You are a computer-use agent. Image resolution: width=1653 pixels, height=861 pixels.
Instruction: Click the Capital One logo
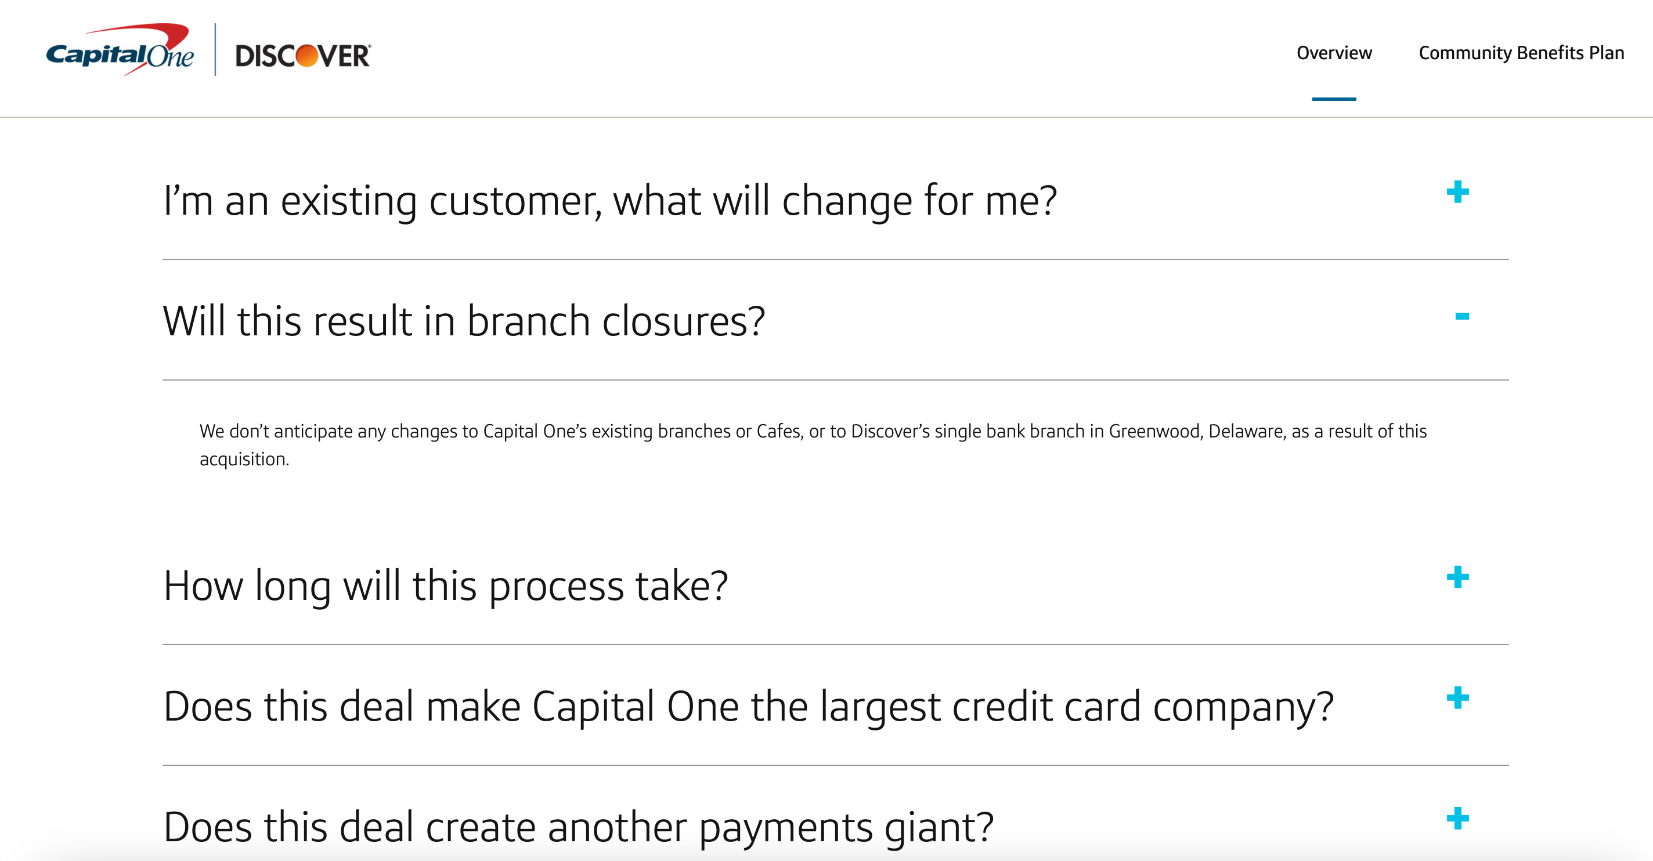pyautogui.click(x=120, y=51)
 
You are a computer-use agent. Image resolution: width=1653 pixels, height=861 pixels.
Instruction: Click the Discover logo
pyautogui.click(x=303, y=56)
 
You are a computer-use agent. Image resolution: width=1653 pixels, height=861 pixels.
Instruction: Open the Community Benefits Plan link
pyautogui.click(x=1521, y=53)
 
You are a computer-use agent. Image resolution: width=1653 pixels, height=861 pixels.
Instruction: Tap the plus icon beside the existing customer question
pyautogui.click(x=1457, y=192)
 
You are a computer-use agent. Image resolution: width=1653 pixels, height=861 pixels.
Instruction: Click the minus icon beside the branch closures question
pyautogui.click(x=1462, y=316)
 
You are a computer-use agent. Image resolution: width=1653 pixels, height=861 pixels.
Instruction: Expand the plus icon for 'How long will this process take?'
pyautogui.click(x=1457, y=577)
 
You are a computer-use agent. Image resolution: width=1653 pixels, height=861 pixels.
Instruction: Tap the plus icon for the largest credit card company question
pyautogui.click(x=1457, y=698)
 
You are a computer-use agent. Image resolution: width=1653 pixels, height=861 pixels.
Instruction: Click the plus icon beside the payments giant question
pyautogui.click(x=1457, y=819)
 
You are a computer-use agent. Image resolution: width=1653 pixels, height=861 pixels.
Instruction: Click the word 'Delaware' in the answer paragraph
pyautogui.click(x=1247, y=431)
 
